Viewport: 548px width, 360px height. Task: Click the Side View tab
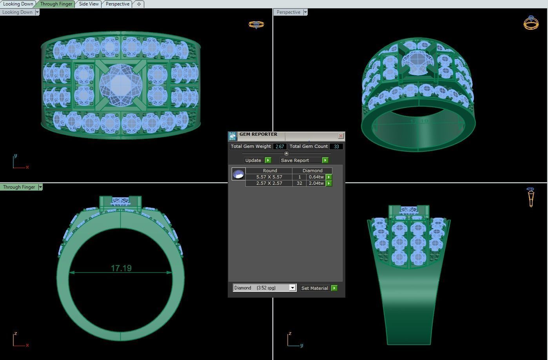click(x=89, y=4)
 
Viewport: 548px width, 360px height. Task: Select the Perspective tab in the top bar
click(x=117, y=4)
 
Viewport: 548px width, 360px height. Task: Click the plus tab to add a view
click(x=139, y=4)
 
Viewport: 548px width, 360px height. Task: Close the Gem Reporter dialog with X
click(x=341, y=136)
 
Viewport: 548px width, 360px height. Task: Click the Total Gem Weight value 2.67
click(x=279, y=146)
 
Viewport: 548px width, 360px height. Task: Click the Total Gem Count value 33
click(x=336, y=146)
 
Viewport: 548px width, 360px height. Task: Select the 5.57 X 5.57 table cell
click(x=269, y=177)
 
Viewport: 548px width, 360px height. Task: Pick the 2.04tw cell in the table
click(x=316, y=183)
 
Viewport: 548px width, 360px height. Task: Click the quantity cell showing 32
click(x=299, y=183)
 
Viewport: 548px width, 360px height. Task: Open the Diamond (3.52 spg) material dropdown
click(x=292, y=288)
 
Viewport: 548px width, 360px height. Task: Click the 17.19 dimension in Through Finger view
click(x=121, y=268)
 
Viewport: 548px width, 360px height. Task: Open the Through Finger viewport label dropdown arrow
click(x=40, y=187)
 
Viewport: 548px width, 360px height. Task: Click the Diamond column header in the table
click(x=312, y=171)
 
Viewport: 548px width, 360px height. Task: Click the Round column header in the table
click(x=270, y=171)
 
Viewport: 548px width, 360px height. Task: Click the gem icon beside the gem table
click(x=238, y=174)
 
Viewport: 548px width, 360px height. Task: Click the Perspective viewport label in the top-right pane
click(x=288, y=12)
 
